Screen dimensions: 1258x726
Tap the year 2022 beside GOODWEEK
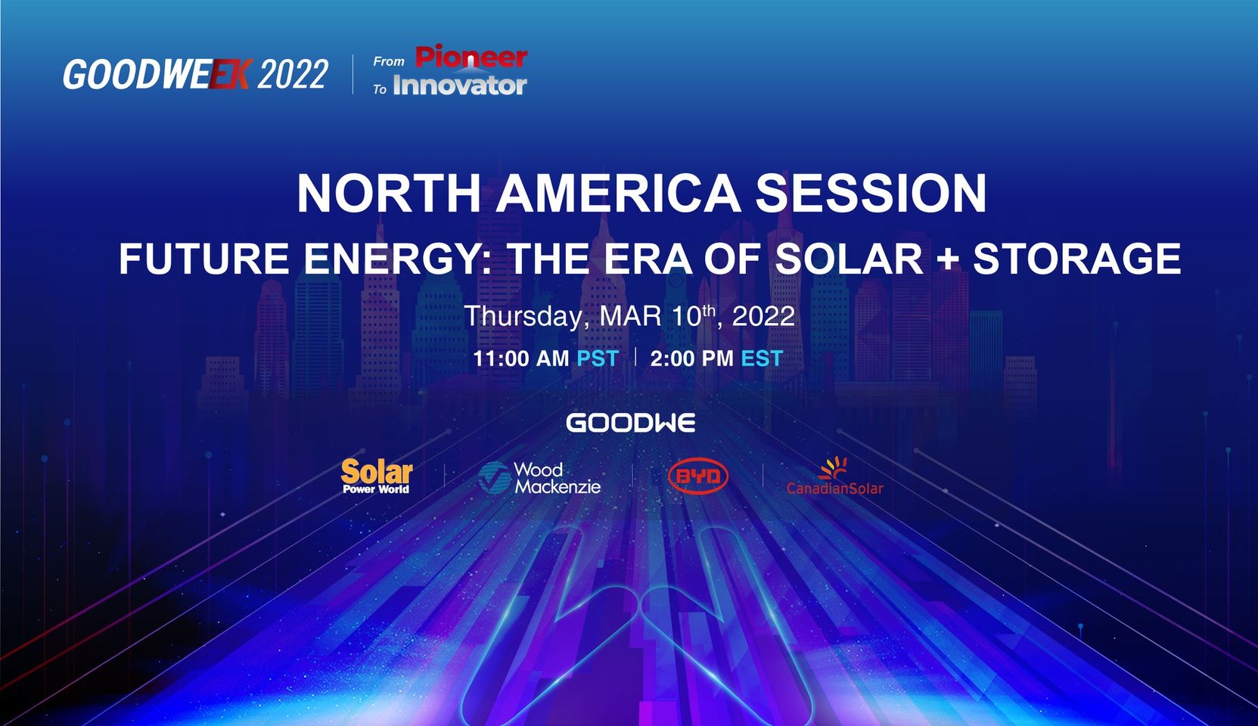[293, 74]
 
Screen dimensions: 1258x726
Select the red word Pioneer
[471, 57]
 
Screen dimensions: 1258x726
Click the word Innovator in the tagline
[460, 86]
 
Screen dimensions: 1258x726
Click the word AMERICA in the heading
[618, 193]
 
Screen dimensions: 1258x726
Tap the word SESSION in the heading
[871, 193]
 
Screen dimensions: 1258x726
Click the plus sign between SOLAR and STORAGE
[948, 259]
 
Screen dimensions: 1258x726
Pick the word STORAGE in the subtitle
[1077, 259]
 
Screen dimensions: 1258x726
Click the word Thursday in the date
[524, 317]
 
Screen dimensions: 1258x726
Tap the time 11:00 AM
[521, 358]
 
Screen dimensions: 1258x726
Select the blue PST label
[598, 358]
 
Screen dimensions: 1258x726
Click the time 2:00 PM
[692, 358]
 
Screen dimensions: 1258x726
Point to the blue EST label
[762, 358]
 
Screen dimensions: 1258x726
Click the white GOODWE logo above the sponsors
[631, 423]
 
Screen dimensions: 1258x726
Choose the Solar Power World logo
[377, 476]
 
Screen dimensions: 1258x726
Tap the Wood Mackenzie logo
[539, 478]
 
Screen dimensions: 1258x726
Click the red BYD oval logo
[698, 476]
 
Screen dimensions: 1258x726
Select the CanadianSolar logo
[834, 476]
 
